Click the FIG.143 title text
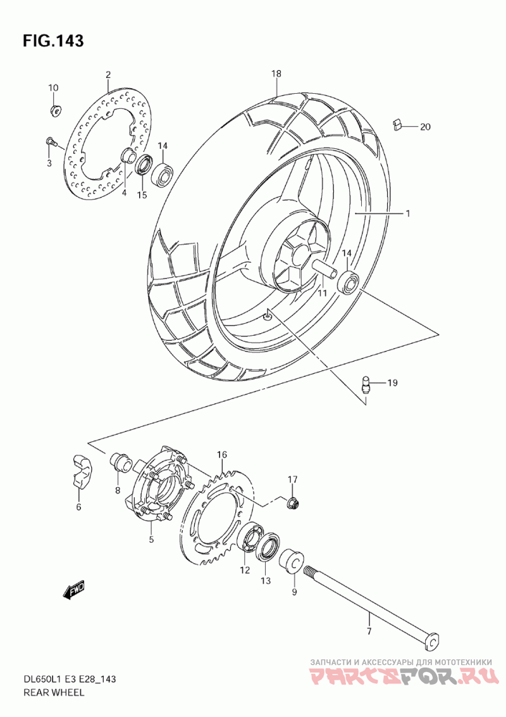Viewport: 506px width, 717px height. coord(53,41)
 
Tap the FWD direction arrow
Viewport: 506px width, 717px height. coord(74,590)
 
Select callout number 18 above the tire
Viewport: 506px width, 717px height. coord(276,73)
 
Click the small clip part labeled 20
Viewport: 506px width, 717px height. coord(398,124)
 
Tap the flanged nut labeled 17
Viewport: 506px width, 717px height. coord(292,503)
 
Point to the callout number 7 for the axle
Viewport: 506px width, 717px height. coord(369,631)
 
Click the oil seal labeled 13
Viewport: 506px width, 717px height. coord(268,547)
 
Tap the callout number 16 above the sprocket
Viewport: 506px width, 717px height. coord(222,455)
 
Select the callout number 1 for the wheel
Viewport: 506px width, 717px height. coord(408,213)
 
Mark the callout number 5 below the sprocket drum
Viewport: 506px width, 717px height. coord(151,540)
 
